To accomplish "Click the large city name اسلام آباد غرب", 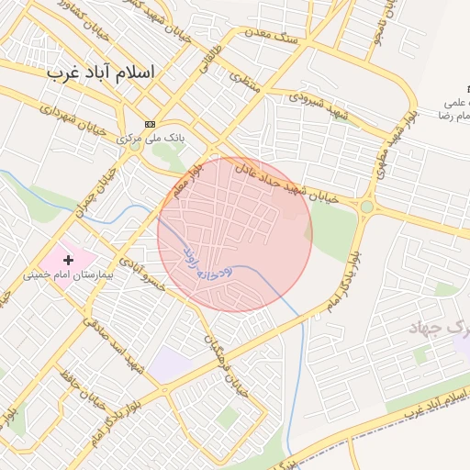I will (102, 73).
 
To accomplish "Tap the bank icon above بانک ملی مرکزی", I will (151, 124).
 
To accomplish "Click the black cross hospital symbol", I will (68, 261).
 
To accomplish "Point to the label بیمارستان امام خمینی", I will (68, 274).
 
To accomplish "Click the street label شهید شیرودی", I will (317, 102).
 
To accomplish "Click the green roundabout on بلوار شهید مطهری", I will (367, 207).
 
